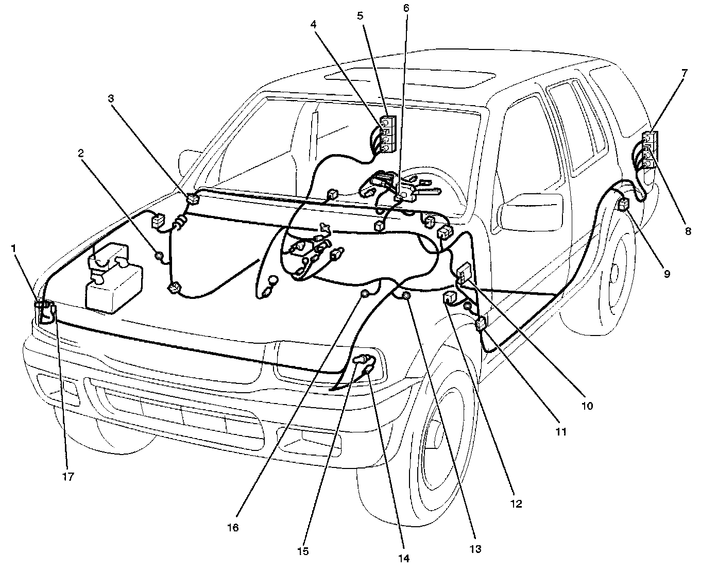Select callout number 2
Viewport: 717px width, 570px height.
coord(81,153)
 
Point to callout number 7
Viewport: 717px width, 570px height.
coord(684,73)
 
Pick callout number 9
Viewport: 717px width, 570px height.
coord(667,274)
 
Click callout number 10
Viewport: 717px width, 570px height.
coord(587,406)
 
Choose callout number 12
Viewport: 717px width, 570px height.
coord(516,504)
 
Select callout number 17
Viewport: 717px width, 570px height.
coord(67,477)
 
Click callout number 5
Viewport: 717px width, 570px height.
coord(360,15)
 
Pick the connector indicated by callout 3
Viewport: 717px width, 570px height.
coord(193,198)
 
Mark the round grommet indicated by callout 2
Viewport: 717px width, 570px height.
coord(159,255)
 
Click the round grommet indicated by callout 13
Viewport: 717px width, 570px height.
coord(405,295)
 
